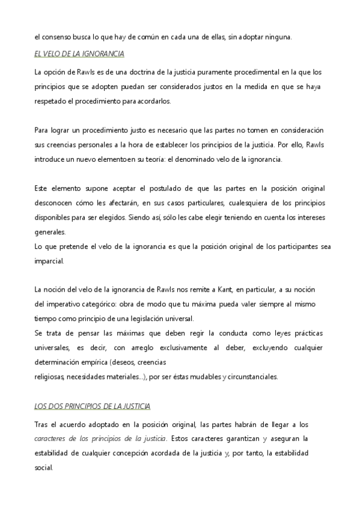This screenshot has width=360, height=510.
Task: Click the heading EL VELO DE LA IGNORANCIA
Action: [x=79, y=55]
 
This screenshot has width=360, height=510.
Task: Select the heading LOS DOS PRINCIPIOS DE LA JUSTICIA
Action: [x=92, y=407]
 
